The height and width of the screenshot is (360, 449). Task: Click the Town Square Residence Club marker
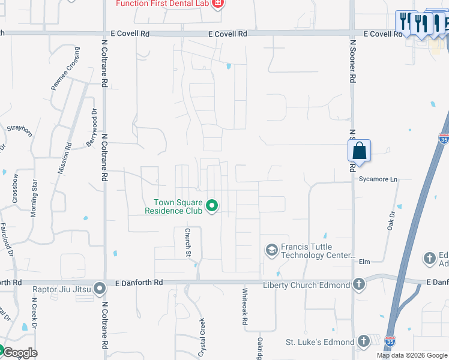tap(211, 206)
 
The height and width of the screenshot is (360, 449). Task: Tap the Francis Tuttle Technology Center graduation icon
tap(271, 249)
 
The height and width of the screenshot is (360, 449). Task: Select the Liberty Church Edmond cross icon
tap(359, 284)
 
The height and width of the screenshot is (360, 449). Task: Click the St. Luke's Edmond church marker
tap(363, 341)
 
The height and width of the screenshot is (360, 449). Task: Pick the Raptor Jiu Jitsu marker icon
tap(100, 289)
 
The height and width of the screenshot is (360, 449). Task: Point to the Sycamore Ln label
tap(378, 179)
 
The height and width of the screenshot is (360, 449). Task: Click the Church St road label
tap(188, 239)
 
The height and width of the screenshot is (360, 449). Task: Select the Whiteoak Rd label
tap(244, 307)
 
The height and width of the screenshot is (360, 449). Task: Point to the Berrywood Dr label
tap(94, 124)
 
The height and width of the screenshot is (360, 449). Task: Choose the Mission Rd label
tap(64, 158)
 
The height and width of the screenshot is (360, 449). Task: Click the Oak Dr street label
tap(392, 220)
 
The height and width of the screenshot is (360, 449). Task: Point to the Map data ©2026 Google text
tap(411, 355)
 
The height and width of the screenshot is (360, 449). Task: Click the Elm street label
tap(364, 262)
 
